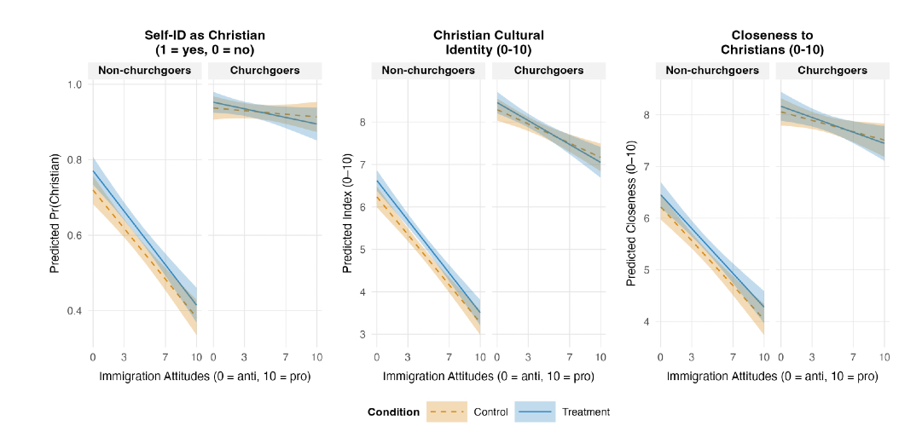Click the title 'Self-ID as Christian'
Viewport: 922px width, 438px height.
click(x=204, y=35)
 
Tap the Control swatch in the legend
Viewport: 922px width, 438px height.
click(x=447, y=412)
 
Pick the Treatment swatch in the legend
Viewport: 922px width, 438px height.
click(x=535, y=412)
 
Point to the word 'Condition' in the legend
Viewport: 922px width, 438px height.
click(x=393, y=412)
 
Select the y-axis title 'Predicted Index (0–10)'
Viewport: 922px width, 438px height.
click(x=347, y=213)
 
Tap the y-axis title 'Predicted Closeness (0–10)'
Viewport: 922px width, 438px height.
click(x=631, y=213)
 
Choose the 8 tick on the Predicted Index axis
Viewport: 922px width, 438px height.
click(x=363, y=122)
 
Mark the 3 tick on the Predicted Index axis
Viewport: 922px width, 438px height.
click(x=363, y=334)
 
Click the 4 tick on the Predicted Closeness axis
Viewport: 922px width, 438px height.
click(x=647, y=322)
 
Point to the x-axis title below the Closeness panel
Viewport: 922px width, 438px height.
click(x=772, y=376)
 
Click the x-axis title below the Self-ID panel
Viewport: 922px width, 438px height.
click(x=204, y=376)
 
